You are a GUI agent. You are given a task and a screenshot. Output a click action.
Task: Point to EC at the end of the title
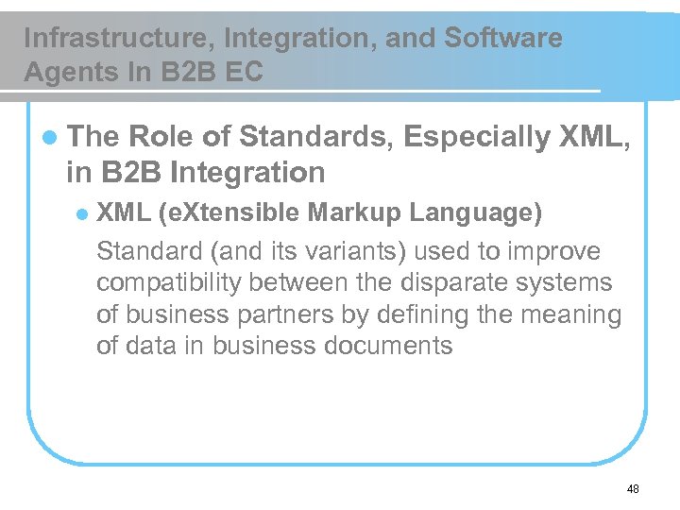pyautogui.click(x=245, y=72)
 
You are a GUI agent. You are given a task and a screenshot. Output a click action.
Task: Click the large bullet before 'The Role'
pyautogui.click(x=48, y=138)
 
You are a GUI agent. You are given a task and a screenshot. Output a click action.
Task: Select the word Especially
pyautogui.click(x=477, y=138)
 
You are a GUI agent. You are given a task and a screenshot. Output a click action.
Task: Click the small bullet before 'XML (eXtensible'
pyautogui.click(x=82, y=213)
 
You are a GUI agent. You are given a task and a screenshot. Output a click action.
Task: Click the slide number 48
pyautogui.click(x=633, y=489)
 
